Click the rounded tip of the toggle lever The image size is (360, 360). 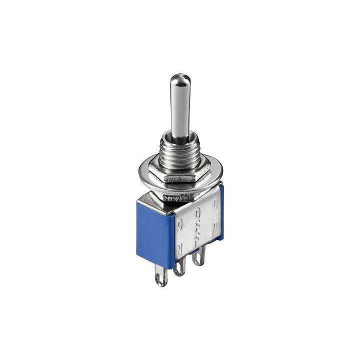[x=177, y=80]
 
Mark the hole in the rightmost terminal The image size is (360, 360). [x=199, y=259]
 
